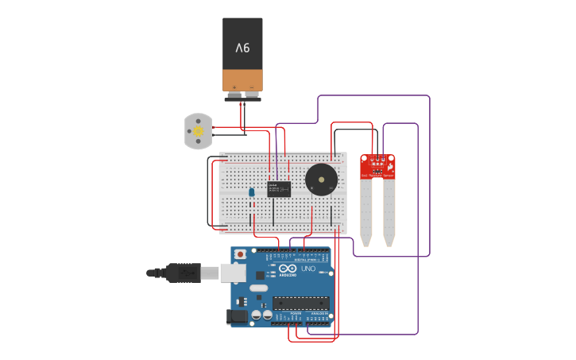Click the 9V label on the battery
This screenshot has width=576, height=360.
pyautogui.click(x=242, y=48)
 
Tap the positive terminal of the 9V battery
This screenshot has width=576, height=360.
pyautogui.click(x=234, y=87)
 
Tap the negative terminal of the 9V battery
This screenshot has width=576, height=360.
pyautogui.click(x=252, y=87)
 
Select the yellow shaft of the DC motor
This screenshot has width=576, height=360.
pyautogui.click(x=199, y=130)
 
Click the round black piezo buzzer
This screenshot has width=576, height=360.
pyautogui.click(x=321, y=180)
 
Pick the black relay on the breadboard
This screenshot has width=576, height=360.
pyautogui.click(x=278, y=189)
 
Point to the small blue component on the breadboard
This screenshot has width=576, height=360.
pyautogui.click(x=252, y=192)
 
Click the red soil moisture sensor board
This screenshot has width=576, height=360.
pyautogui.click(x=377, y=165)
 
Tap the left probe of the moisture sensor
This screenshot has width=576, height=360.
pyautogui.click(x=365, y=211)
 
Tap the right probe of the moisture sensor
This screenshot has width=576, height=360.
pyautogui.click(x=389, y=211)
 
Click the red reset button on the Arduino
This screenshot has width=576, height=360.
pyautogui.click(x=240, y=254)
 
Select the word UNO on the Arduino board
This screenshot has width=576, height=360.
pyautogui.click(x=308, y=269)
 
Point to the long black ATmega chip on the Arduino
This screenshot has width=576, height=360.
pyautogui.click(x=301, y=303)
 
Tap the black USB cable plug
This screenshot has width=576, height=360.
pyautogui.click(x=183, y=273)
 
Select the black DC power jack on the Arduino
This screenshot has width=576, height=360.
pyautogui.click(x=237, y=316)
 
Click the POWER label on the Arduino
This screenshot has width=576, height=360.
pyautogui.click(x=296, y=314)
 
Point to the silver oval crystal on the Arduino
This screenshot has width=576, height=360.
pyautogui.click(x=259, y=288)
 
